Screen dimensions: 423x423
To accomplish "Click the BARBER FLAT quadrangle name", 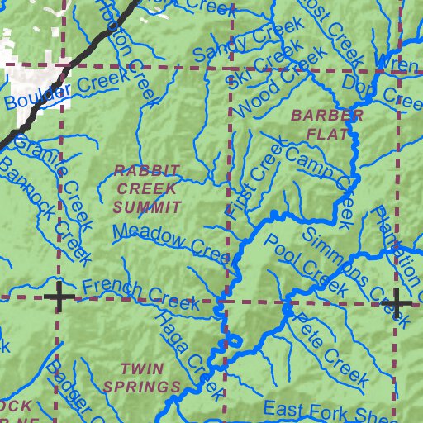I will click(316, 123).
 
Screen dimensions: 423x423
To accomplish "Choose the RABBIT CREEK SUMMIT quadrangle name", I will click(146, 188).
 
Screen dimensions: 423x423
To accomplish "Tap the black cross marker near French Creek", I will click(59, 297).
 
